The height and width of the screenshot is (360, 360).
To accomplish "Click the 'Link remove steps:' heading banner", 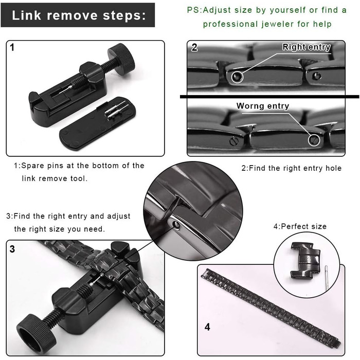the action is click(x=78, y=15).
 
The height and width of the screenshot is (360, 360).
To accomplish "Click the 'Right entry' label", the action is click(x=307, y=47).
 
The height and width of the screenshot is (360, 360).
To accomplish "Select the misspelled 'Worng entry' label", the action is click(x=263, y=106).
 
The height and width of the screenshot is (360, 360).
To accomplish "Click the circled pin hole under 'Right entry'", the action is click(x=237, y=77).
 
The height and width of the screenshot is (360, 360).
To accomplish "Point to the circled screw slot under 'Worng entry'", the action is click(x=314, y=139).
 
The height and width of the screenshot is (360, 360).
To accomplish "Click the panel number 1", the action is click(x=12, y=47).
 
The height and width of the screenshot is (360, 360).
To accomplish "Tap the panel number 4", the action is click(x=207, y=327).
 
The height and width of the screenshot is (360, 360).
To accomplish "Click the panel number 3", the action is click(x=12, y=249).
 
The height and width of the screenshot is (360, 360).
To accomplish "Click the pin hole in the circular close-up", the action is click(x=176, y=225).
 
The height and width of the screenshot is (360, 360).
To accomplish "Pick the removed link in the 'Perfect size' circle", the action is click(x=305, y=260).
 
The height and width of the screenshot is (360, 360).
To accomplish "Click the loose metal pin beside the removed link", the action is click(x=327, y=278).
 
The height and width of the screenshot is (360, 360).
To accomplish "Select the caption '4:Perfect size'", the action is click(x=300, y=226).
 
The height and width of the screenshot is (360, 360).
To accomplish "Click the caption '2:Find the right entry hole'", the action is click(x=292, y=168).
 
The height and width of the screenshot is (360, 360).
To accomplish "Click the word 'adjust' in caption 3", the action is click(x=119, y=217).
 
